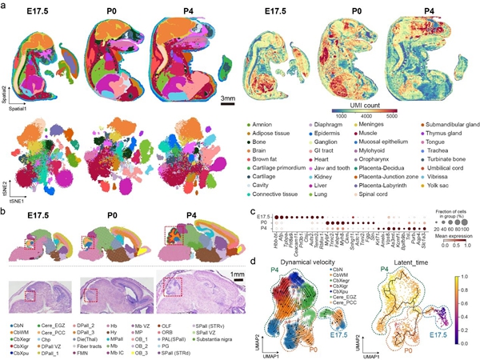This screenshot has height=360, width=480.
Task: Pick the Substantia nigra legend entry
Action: point(217,342)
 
